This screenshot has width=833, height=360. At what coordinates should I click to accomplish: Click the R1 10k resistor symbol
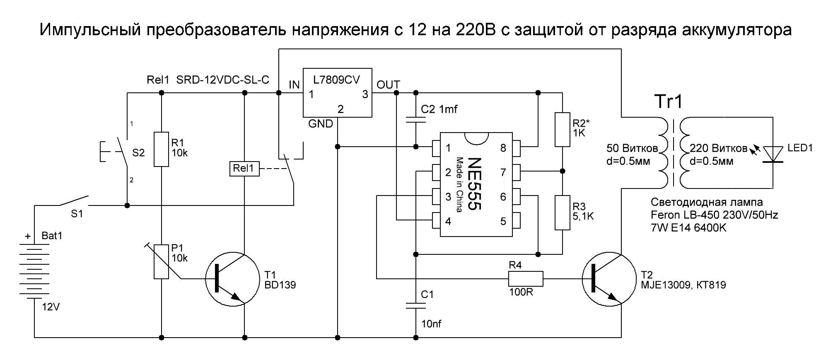pos(161,149)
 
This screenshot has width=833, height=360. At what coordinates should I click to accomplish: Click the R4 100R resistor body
pos(526,279)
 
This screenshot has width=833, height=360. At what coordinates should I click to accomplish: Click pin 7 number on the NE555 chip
pos(503,172)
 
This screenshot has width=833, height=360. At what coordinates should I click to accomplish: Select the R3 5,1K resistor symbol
pos(562,213)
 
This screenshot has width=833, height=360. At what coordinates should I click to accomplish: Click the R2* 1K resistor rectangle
pos(562,129)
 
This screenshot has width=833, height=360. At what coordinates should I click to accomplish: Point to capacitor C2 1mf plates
pos(416,120)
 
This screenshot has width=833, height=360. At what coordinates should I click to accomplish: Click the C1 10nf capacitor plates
pos(416,306)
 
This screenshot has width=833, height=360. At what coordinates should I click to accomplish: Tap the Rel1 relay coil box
pos(244,169)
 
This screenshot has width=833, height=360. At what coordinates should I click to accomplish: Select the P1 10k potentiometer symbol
pos(161,261)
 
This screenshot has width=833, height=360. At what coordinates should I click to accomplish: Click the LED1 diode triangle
pos(773,154)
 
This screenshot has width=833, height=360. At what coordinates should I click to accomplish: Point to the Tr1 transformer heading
pos(668,101)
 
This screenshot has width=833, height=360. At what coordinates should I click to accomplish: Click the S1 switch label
pos(77,214)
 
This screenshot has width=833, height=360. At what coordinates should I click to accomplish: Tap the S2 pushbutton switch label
pos(138,153)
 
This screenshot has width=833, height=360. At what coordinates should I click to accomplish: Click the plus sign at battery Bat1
pos(28,237)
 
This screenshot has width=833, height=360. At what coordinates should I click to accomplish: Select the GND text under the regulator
pos(320,123)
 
